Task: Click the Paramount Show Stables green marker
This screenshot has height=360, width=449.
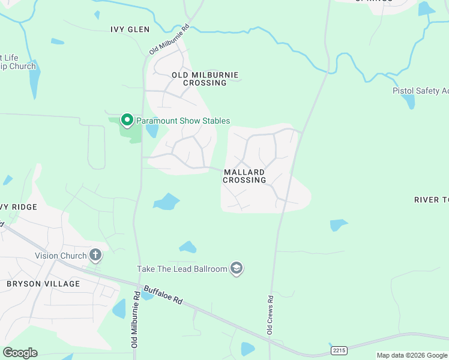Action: click(x=127, y=121)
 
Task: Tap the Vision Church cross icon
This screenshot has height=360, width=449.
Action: click(x=95, y=256)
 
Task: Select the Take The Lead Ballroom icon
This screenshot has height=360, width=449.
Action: click(x=237, y=268)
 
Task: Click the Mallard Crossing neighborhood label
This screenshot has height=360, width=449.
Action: click(x=244, y=176)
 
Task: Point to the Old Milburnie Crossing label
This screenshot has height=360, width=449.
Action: click(x=205, y=79)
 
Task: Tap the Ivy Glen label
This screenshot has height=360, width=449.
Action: click(x=130, y=29)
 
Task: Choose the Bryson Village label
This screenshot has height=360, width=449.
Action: click(x=43, y=283)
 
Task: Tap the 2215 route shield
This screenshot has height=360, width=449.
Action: click(x=339, y=349)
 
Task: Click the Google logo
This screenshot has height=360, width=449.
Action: click(x=20, y=353)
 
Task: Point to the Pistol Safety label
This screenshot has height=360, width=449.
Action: click(x=420, y=91)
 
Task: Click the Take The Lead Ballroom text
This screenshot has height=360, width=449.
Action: click(x=182, y=269)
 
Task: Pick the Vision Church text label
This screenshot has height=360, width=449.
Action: click(x=61, y=256)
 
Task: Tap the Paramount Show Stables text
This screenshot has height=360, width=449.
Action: click(x=183, y=121)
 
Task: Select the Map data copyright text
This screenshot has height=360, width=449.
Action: click(x=411, y=355)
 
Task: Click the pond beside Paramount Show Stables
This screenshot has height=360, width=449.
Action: click(x=152, y=130)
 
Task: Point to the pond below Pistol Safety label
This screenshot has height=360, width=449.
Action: click(x=409, y=101)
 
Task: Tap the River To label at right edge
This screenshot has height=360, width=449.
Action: click(x=431, y=199)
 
